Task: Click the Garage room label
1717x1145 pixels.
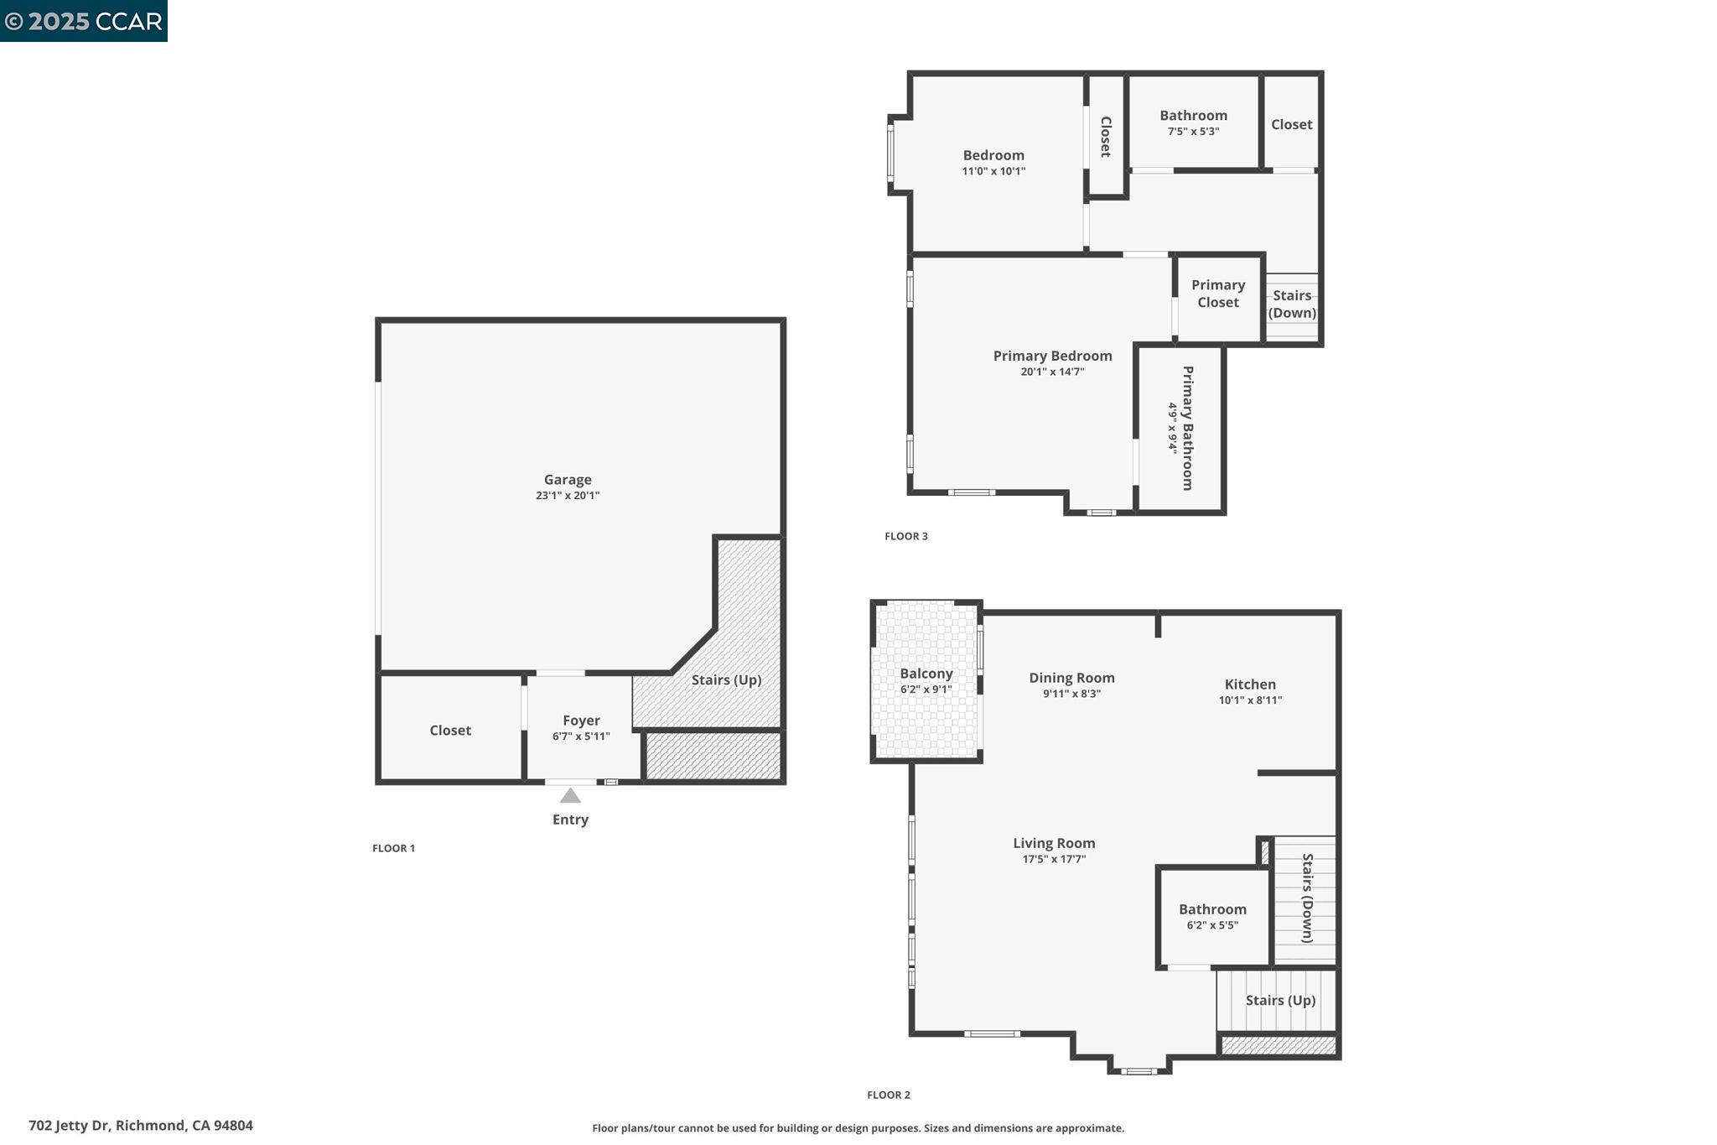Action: (568, 480)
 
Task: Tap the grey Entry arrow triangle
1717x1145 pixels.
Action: (570, 796)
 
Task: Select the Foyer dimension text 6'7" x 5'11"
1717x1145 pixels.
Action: (581, 736)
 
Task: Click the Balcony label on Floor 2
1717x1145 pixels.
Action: (926, 674)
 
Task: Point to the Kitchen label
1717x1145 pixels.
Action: (1249, 684)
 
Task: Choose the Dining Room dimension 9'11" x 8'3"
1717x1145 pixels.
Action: (1071, 694)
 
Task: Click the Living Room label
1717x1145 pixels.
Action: (1054, 843)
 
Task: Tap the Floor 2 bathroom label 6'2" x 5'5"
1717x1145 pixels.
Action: (1212, 925)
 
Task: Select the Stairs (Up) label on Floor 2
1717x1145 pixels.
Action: (1279, 1000)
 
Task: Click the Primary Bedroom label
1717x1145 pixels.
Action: (1052, 356)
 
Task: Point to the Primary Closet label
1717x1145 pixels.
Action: (1217, 294)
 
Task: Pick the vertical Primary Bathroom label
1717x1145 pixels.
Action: (1187, 428)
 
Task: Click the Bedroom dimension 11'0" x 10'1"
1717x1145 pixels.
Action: (993, 171)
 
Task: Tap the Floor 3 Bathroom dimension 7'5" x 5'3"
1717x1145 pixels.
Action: (1193, 132)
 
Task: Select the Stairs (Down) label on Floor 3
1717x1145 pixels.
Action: (1291, 304)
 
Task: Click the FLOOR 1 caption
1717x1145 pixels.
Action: (393, 848)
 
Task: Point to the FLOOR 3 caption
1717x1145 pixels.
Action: (905, 536)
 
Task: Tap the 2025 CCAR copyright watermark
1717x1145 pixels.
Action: (84, 21)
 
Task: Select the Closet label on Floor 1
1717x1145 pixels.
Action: (450, 731)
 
